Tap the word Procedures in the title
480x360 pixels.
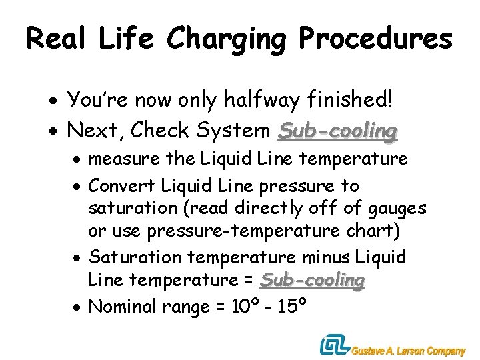tap(376, 39)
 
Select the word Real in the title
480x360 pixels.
tap(57, 39)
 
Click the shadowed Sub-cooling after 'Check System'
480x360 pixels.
tap(337, 131)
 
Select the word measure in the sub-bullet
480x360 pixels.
tap(124, 160)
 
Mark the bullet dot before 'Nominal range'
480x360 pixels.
tap(79, 309)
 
